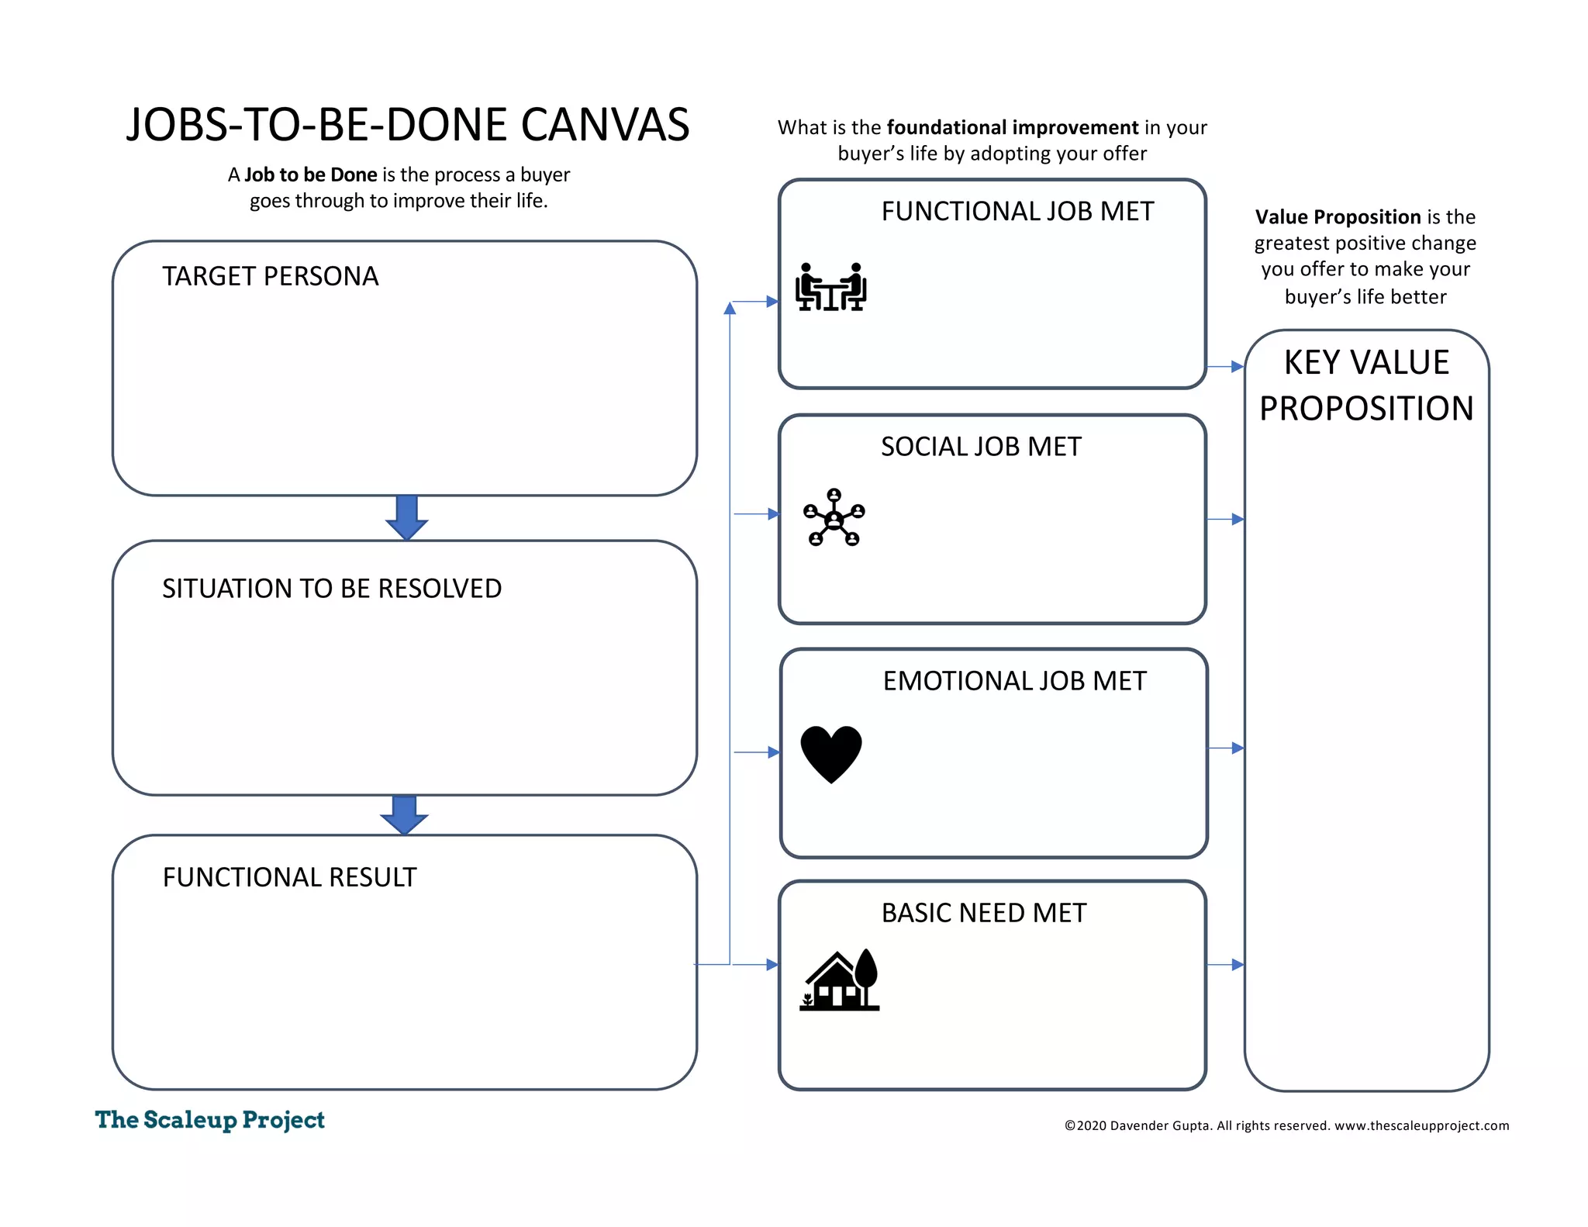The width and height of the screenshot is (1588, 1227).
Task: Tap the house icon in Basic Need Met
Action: [x=840, y=980]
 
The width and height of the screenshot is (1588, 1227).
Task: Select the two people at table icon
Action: [x=830, y=287]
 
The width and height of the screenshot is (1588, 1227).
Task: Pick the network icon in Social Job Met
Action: [x=834, y=518]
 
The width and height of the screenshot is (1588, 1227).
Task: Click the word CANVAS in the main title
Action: [x=605, y=125]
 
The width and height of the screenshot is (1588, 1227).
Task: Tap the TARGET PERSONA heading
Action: [x=270, y=276]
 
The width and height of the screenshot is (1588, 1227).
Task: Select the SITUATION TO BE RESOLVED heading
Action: [x=332, y=589]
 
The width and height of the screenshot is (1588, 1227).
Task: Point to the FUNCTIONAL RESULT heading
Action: [x=289, y=877]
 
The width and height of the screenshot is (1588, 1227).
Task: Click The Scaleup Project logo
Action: [x=209, y=1120]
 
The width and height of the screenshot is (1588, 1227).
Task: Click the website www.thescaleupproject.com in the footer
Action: [x=1421, y=1125]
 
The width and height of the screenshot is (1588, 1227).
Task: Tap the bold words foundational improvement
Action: [x=1013, y=127]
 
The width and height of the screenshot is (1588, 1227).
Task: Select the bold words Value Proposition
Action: [x=1338, y=217]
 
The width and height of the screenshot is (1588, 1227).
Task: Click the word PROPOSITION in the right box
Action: [x=1366, y=409]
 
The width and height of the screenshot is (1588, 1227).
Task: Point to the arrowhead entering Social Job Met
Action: [x=772, y=513]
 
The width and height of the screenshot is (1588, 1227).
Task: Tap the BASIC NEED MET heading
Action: [x=983, y=913]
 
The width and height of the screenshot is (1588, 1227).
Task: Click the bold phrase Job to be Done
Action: [x=311, y=175]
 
